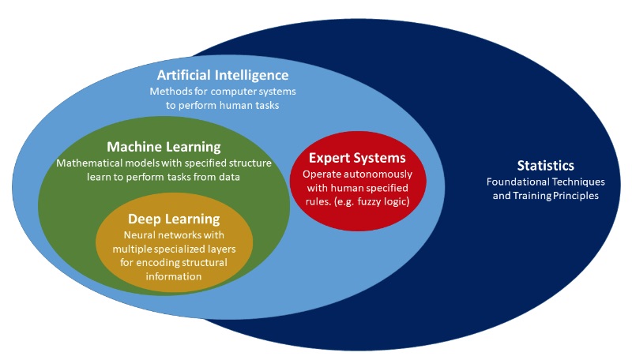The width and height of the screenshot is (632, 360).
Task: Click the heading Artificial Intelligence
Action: pyautogui.click(x=223, y=75)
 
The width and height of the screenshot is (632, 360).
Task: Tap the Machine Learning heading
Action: pyautogui.click(x=164, y=147)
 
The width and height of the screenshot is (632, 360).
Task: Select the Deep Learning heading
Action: pyautogui.click(x=174, y=219)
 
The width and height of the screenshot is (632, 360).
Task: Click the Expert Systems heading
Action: pyautogui.click(x=357, y=158)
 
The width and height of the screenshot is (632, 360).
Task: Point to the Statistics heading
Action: pyautogui.click(x=545, y=166)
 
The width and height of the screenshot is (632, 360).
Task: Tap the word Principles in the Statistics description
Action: pyautogui.click(x=576, y=196)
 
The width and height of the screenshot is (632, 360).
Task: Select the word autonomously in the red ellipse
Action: pyautogui.click(x=377, y=174)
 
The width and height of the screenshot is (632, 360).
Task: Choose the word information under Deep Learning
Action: pyautogui.click(x=174, y=276)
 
